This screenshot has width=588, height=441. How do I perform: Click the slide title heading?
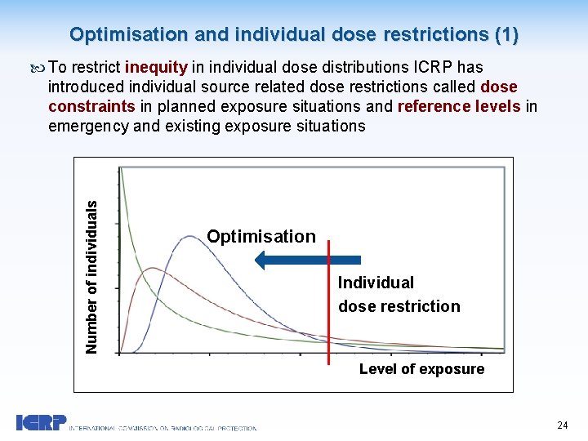(x=293, y=34)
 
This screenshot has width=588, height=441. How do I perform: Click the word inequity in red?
(x=156, y=67)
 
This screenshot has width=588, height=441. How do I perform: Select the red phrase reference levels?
(x=458, y=106)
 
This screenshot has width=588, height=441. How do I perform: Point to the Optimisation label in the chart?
(x=261, y=236)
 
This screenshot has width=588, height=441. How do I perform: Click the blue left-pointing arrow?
(x=307, y=260)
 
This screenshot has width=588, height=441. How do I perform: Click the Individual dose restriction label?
(x=399, y=294)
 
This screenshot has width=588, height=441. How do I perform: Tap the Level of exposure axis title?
(x=421, y=369)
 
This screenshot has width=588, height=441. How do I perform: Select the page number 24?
(x=562, y=425)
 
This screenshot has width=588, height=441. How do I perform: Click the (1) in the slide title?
(x=506, y=34)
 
